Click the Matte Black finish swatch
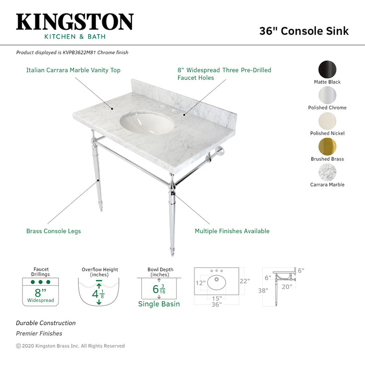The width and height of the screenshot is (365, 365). point(327,69)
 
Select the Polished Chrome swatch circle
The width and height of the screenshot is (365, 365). point(327,95)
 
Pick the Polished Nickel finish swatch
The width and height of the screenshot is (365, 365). point(327,120)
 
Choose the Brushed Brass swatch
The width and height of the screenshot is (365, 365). point(327,147)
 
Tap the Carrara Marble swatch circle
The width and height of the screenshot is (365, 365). point(327,172)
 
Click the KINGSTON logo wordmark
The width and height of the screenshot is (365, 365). point(75,22)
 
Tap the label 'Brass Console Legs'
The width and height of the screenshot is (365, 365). point(54,231)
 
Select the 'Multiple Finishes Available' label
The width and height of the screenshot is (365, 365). point(232,231)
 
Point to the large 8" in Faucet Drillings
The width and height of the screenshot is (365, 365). point(40,293)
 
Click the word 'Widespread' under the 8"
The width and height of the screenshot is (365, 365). point(41,301)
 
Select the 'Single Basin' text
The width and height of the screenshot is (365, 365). point(159,304)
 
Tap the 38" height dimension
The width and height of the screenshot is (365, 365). point(263,291)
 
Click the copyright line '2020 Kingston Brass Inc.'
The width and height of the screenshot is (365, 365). point(70,346)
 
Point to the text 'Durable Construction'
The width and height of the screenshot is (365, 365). point(45,323)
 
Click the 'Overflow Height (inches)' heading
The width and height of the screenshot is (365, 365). point(100,272)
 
